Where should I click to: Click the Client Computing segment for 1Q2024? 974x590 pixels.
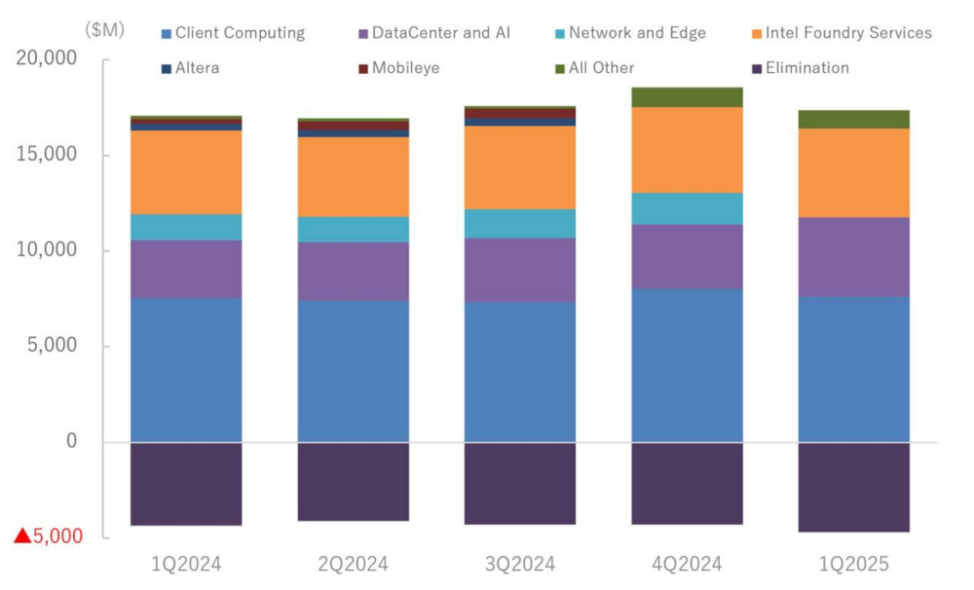click(186, 370)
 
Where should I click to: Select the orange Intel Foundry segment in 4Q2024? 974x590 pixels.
click(687, 150)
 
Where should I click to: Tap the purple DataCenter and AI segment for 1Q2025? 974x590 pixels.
click(853, 257)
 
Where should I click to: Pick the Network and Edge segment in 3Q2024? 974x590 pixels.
click(520, 224)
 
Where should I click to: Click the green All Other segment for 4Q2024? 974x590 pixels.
click(687, 97)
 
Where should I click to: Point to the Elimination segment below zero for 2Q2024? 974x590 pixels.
click(353, 482)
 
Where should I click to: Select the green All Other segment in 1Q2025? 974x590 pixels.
click(853, 119)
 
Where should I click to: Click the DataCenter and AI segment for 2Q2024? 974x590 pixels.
click(353, 272)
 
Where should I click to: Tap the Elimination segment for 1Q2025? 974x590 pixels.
click(853, 487)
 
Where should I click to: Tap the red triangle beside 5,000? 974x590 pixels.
click(23, 536)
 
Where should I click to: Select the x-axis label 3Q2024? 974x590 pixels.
click(519, 565)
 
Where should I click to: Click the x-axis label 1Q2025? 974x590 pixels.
click(853, 565)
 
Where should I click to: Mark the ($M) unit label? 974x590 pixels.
click(106, 30)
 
